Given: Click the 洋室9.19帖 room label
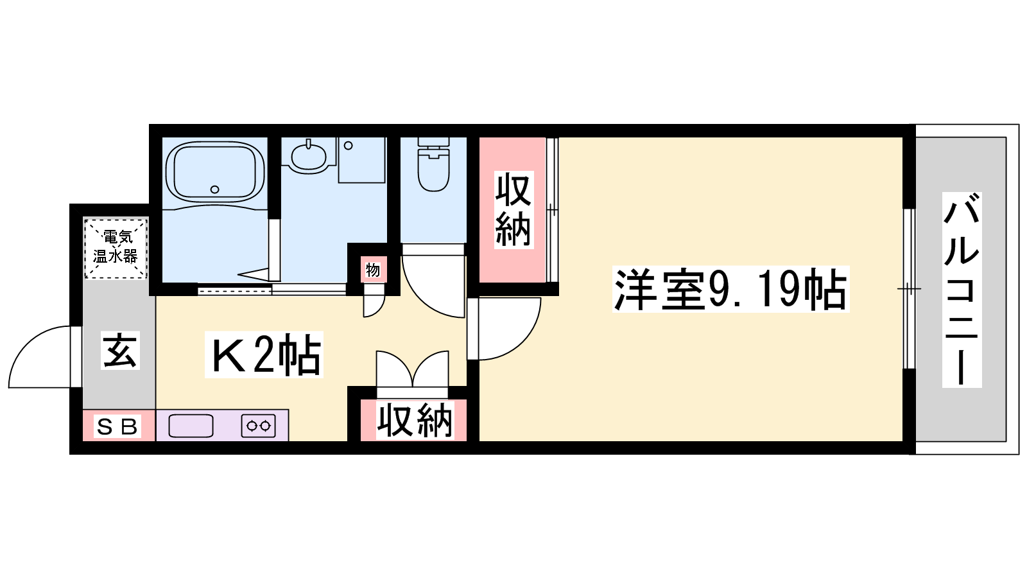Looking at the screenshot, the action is tap(731, 289).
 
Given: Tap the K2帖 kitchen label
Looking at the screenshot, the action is tap(264, 355).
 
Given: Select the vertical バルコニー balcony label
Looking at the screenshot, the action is tap(962, 290).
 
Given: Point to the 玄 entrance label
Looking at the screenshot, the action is tap(120, 351).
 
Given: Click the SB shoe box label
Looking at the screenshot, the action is tap(117, 426).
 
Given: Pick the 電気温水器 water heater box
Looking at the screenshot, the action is tap(116, 249).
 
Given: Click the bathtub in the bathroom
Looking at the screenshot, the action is tap(214, 171).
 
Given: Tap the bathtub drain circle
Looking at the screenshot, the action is tap(214, 189).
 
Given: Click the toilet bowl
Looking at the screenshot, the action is tap(433, 165).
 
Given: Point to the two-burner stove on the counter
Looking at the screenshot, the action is tap(259, 426).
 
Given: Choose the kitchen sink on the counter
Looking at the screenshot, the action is tap(191, 426).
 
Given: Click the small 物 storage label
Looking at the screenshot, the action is tap(373, 270).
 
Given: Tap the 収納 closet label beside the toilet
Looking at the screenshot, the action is tap(513, 209).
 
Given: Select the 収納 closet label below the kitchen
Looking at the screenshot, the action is tap(415, 420).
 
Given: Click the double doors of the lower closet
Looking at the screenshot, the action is tap(412, 369).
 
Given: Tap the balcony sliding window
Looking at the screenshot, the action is tap(909, 289).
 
